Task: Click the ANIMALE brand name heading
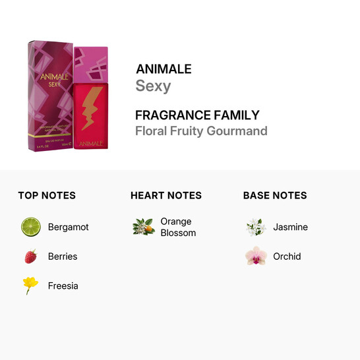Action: click(x=164, y=69)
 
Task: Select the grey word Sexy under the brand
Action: click(x=153, y=86)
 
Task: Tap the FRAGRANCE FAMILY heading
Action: click(x=197, y=115)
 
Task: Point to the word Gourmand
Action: click(x=239, y=131)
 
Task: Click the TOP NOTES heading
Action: click(x=47, y=195)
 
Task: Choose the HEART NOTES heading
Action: click(x=166, y=195)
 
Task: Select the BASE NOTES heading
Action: click(x=275, y=195)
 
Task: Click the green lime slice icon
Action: click(x=30, y=227)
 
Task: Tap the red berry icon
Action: click(x=30, y=256)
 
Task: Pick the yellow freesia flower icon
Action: click(x=30, y=285)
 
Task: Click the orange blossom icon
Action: click(x=143, y=227)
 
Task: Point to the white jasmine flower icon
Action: click(x=255, y=227)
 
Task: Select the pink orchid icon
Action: click(x=255, y=256)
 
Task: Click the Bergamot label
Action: click(x=68, y=227)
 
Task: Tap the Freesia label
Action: click(x=63, y=285)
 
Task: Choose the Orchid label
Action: click(x=287, y=256)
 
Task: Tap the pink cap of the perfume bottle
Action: click(x=91, y=63)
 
